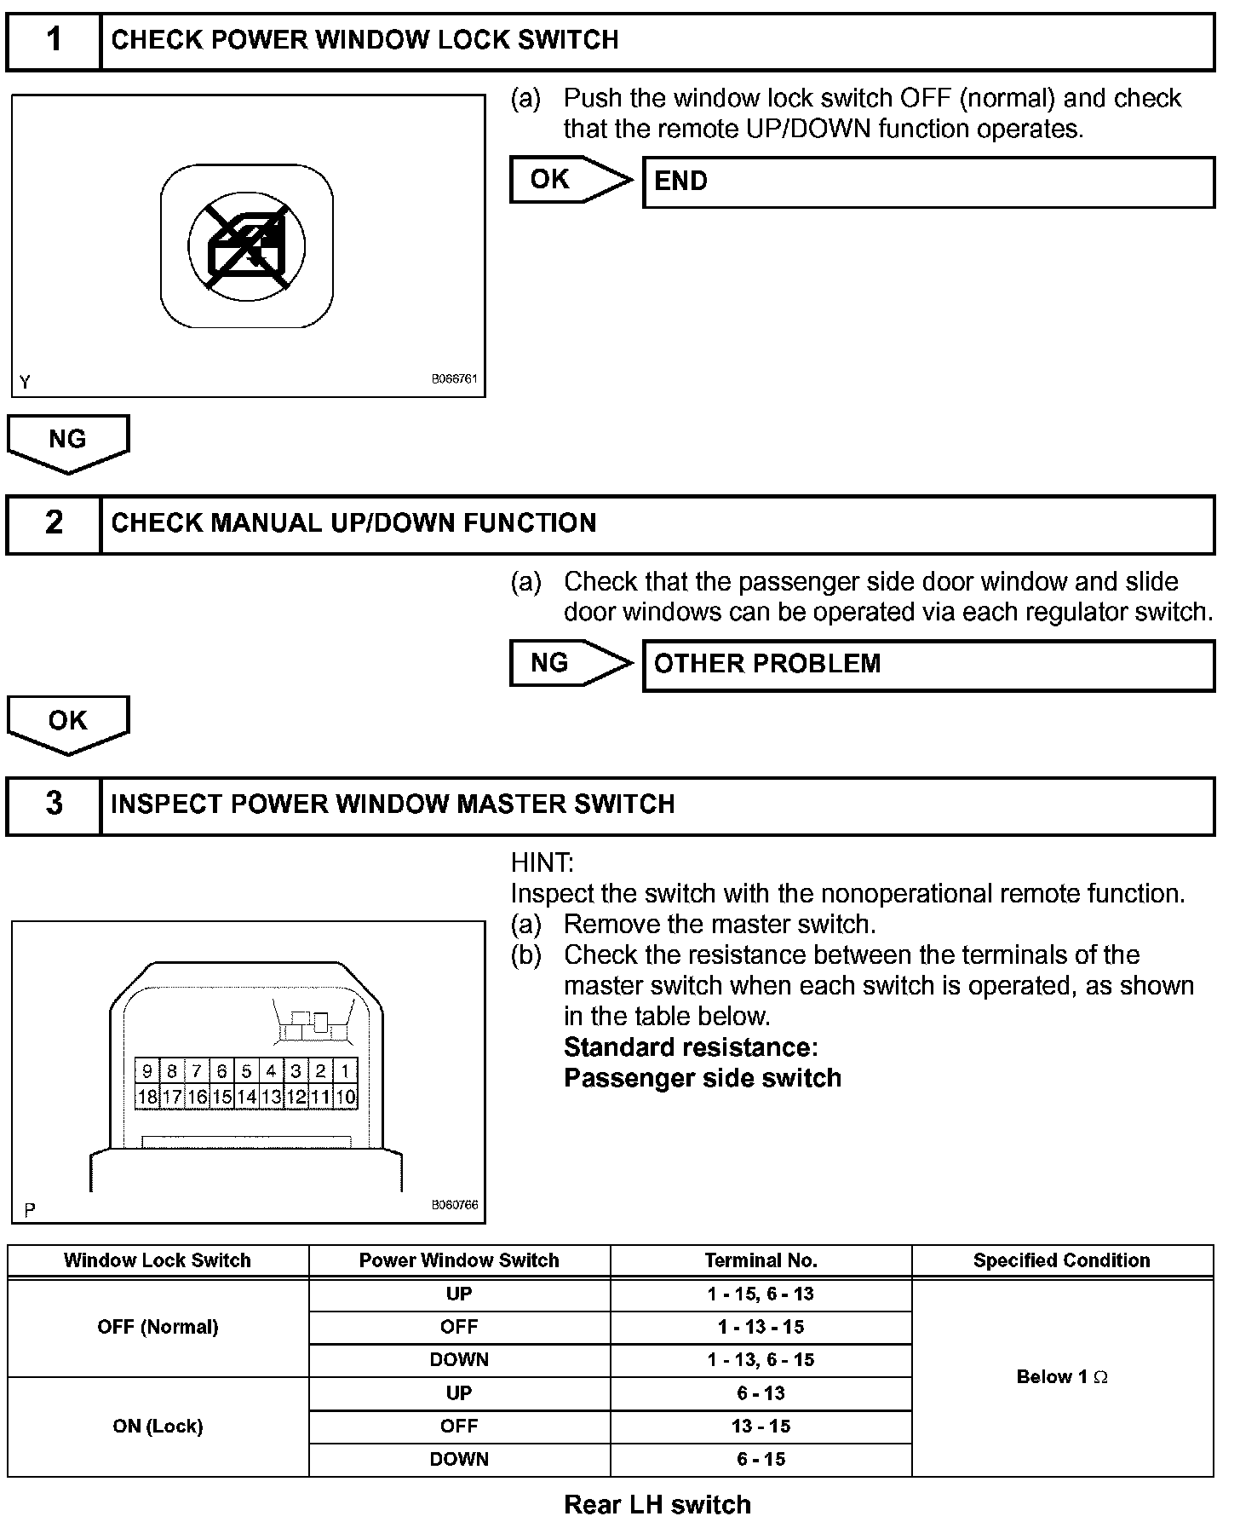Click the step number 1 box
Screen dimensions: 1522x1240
(x=54, y=40)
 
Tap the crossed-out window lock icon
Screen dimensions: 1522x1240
(x=246, y=245)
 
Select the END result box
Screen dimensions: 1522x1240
(x=927, y=182)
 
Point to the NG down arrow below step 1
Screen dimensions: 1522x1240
(x=68, y=441)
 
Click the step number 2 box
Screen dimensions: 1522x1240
(x=54, y=523)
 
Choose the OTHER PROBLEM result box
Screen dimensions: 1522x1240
(x=927, y=664)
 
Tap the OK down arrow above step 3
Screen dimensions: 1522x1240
(x=68, y=723)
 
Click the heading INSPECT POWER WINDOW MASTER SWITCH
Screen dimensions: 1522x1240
(x=393, y=804)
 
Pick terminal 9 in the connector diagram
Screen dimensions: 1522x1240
(x=147, y=1071)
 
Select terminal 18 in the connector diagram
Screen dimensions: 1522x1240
(x=147, y=1097)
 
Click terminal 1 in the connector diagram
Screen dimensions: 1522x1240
(x=345, y=1071)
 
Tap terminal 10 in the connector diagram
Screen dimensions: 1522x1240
(x=345, y=1097)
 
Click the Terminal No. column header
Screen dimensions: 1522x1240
(x=761, y=1260)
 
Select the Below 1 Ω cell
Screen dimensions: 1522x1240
(x=1062, y=1376)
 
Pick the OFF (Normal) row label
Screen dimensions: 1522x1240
(x=158, y=1327)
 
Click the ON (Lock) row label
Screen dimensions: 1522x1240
(x=158, y=1426)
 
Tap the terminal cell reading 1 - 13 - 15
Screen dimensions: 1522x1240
(x=761, y=1327)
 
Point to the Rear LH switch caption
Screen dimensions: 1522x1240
(x=657, y=1504)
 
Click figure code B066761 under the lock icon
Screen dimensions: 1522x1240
(x=454, y=379)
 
